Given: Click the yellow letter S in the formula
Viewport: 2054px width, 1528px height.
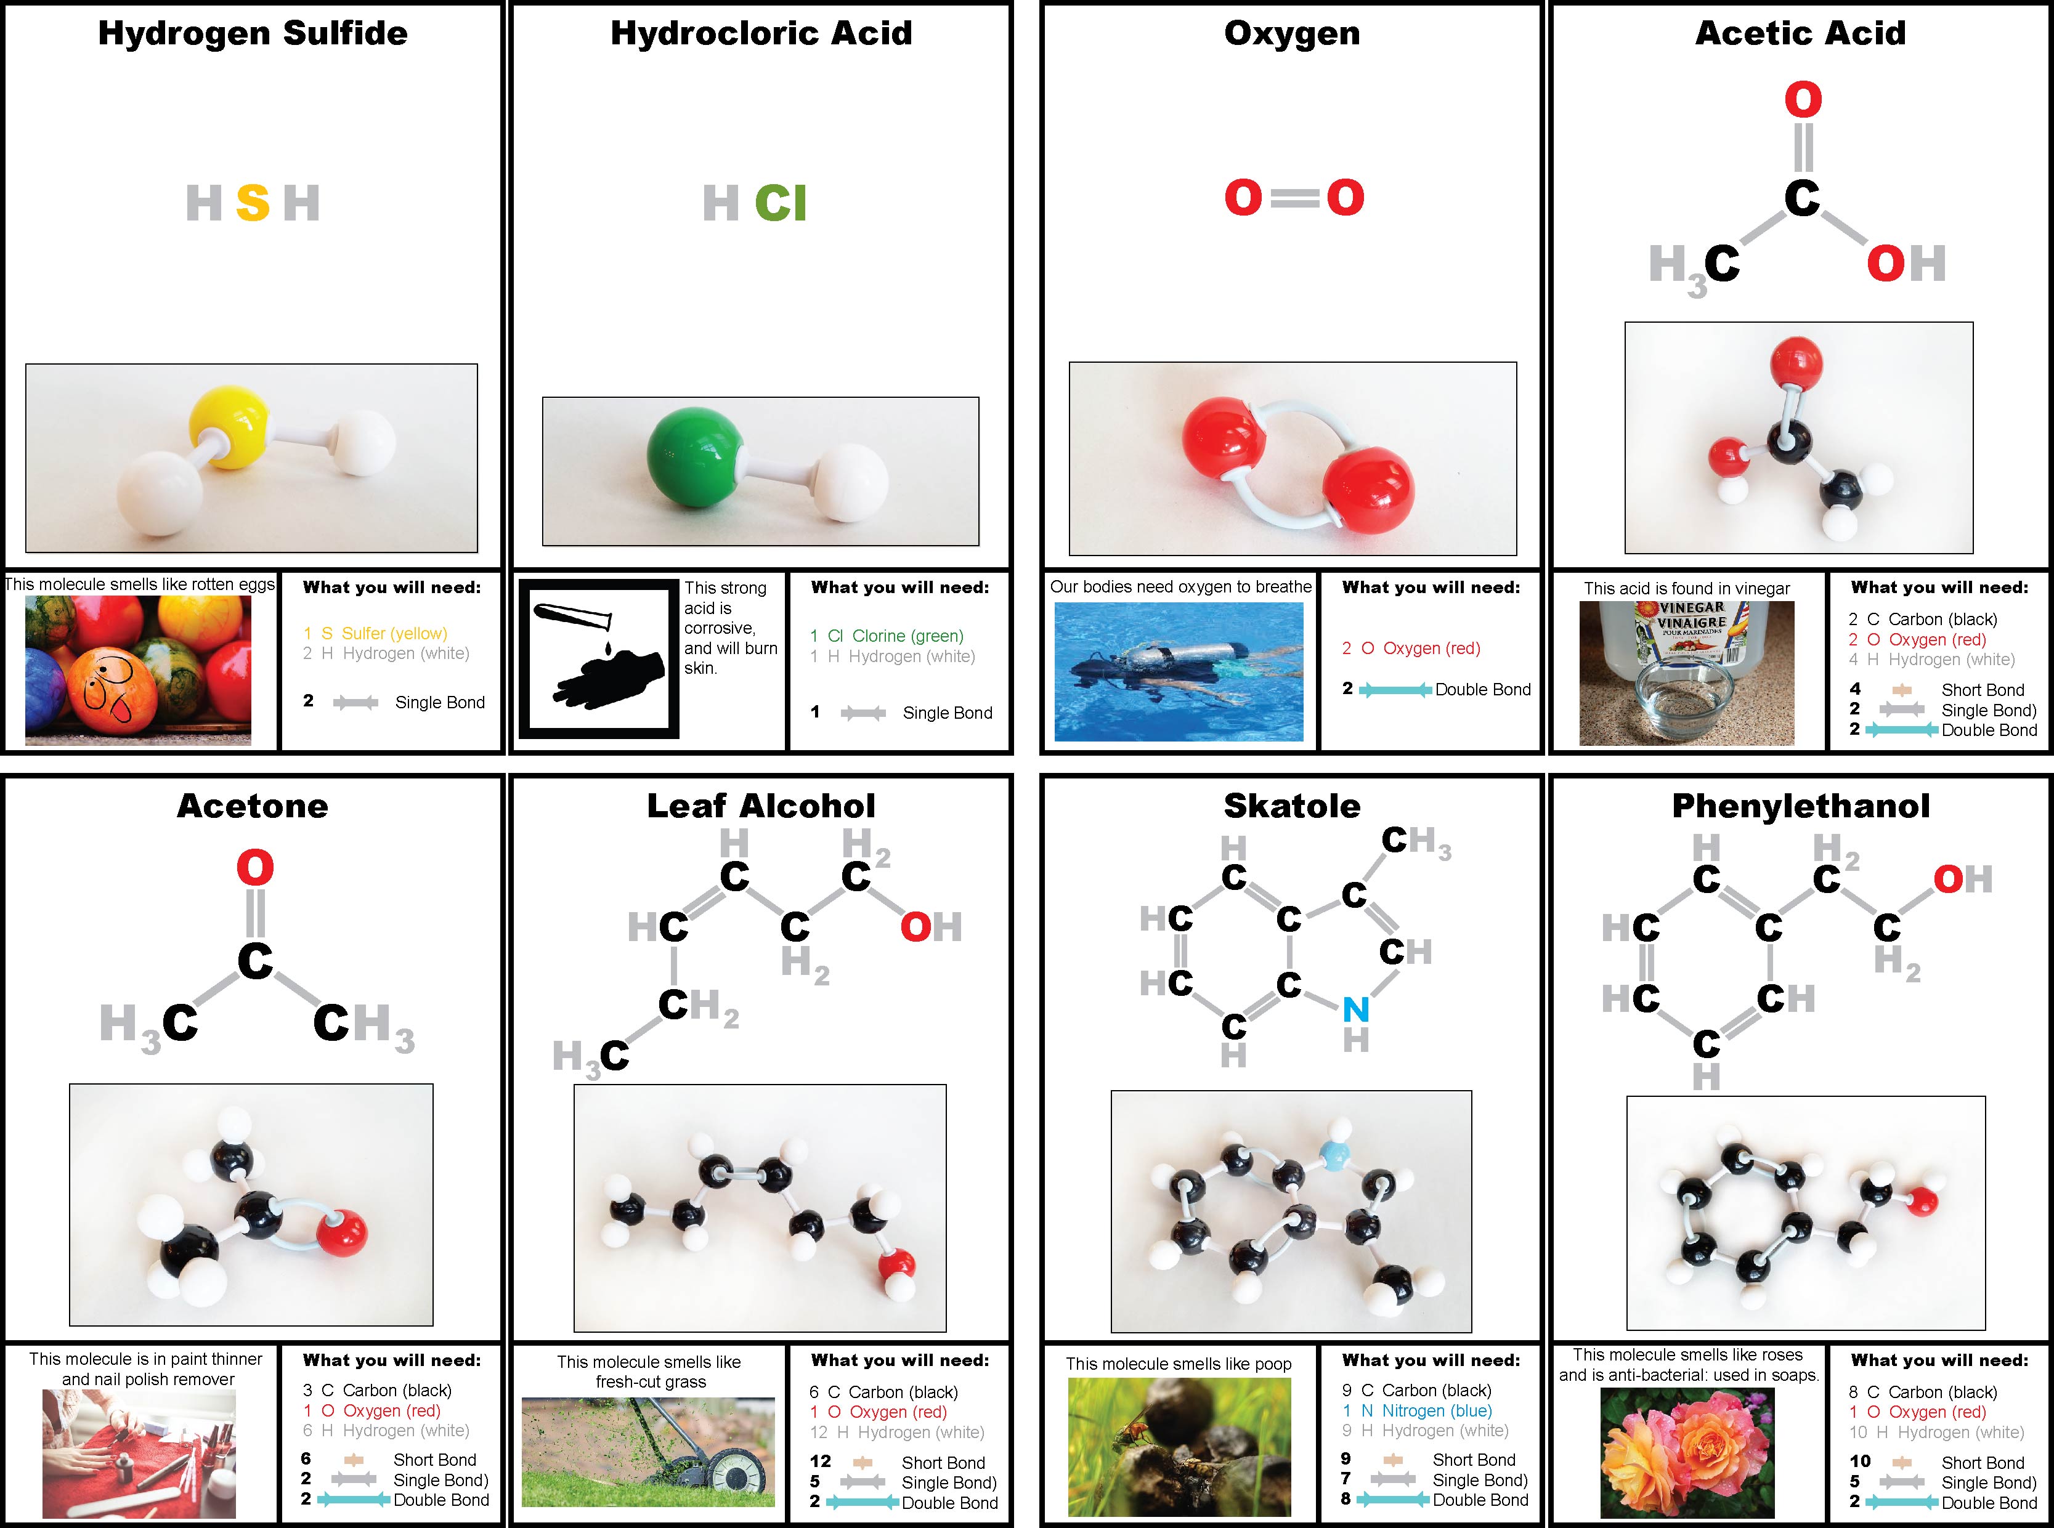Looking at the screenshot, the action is (x=253, y=203).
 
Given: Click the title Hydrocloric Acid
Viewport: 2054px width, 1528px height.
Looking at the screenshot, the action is (x=760, y=33).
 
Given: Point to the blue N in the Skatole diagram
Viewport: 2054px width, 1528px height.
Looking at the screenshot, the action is (x=1355, y=1009).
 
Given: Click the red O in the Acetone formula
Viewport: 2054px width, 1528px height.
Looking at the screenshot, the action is (x=254, y=868).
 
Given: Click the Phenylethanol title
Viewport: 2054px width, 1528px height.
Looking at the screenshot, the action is (x=1801, y=806).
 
